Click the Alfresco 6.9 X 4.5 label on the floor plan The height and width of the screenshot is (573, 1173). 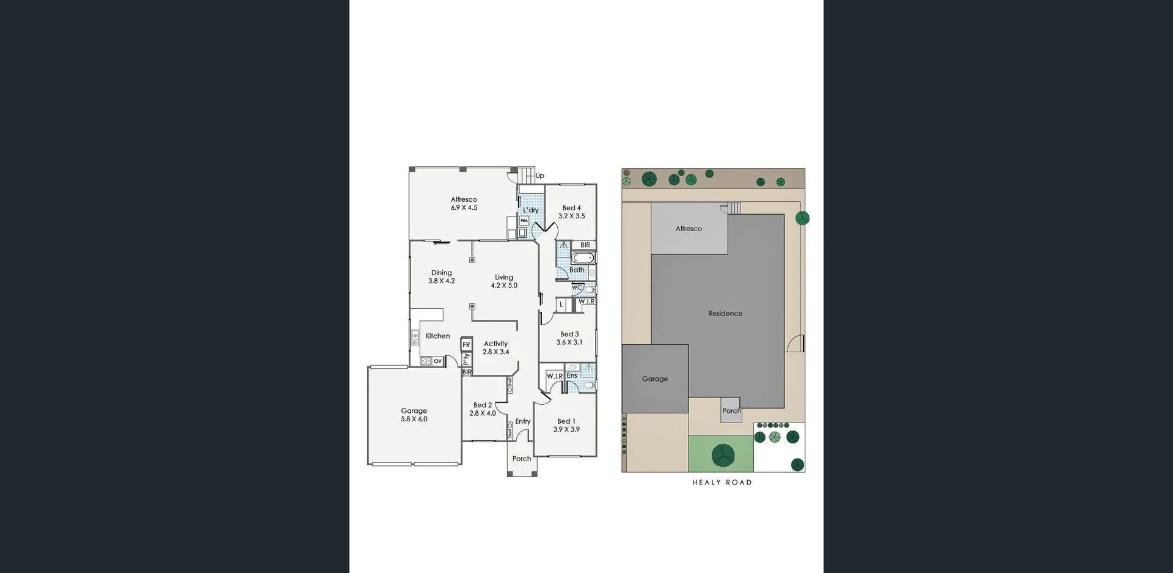(x=464, y=204)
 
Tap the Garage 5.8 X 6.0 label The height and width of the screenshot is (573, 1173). (x=414, y=415)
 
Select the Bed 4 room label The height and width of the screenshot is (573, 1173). (x=571, y=212)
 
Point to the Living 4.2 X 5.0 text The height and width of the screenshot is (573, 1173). (x=504, y=281)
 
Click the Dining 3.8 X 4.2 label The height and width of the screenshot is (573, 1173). (x=441, y=277)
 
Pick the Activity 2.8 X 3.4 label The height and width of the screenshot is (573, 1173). (x=495, y=348)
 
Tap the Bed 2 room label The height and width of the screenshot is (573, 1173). (x=482, y=409)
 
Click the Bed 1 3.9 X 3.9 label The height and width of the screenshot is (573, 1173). (x=566, y=426)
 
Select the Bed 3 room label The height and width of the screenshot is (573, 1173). (x=569, y=338)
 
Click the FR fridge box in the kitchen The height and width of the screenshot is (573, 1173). (x=466, y=345)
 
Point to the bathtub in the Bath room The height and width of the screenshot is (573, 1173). (x=583, y=258)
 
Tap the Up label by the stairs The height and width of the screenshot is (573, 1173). (x=539, y=176)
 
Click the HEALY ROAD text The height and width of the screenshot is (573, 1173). (x=722, y=482)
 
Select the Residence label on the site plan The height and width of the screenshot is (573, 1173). (x=725, y=314)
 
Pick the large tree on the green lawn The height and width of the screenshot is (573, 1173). (x=723, y=455)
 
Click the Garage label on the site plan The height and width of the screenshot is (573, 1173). (x=654, y=379)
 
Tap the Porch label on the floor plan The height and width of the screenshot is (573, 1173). (x=521, y=459)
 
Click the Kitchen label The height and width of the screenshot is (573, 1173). (x=437, y=336)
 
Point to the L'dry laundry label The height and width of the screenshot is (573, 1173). (x=530, y=210)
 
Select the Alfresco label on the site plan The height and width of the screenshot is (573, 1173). (x=689, y=229)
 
